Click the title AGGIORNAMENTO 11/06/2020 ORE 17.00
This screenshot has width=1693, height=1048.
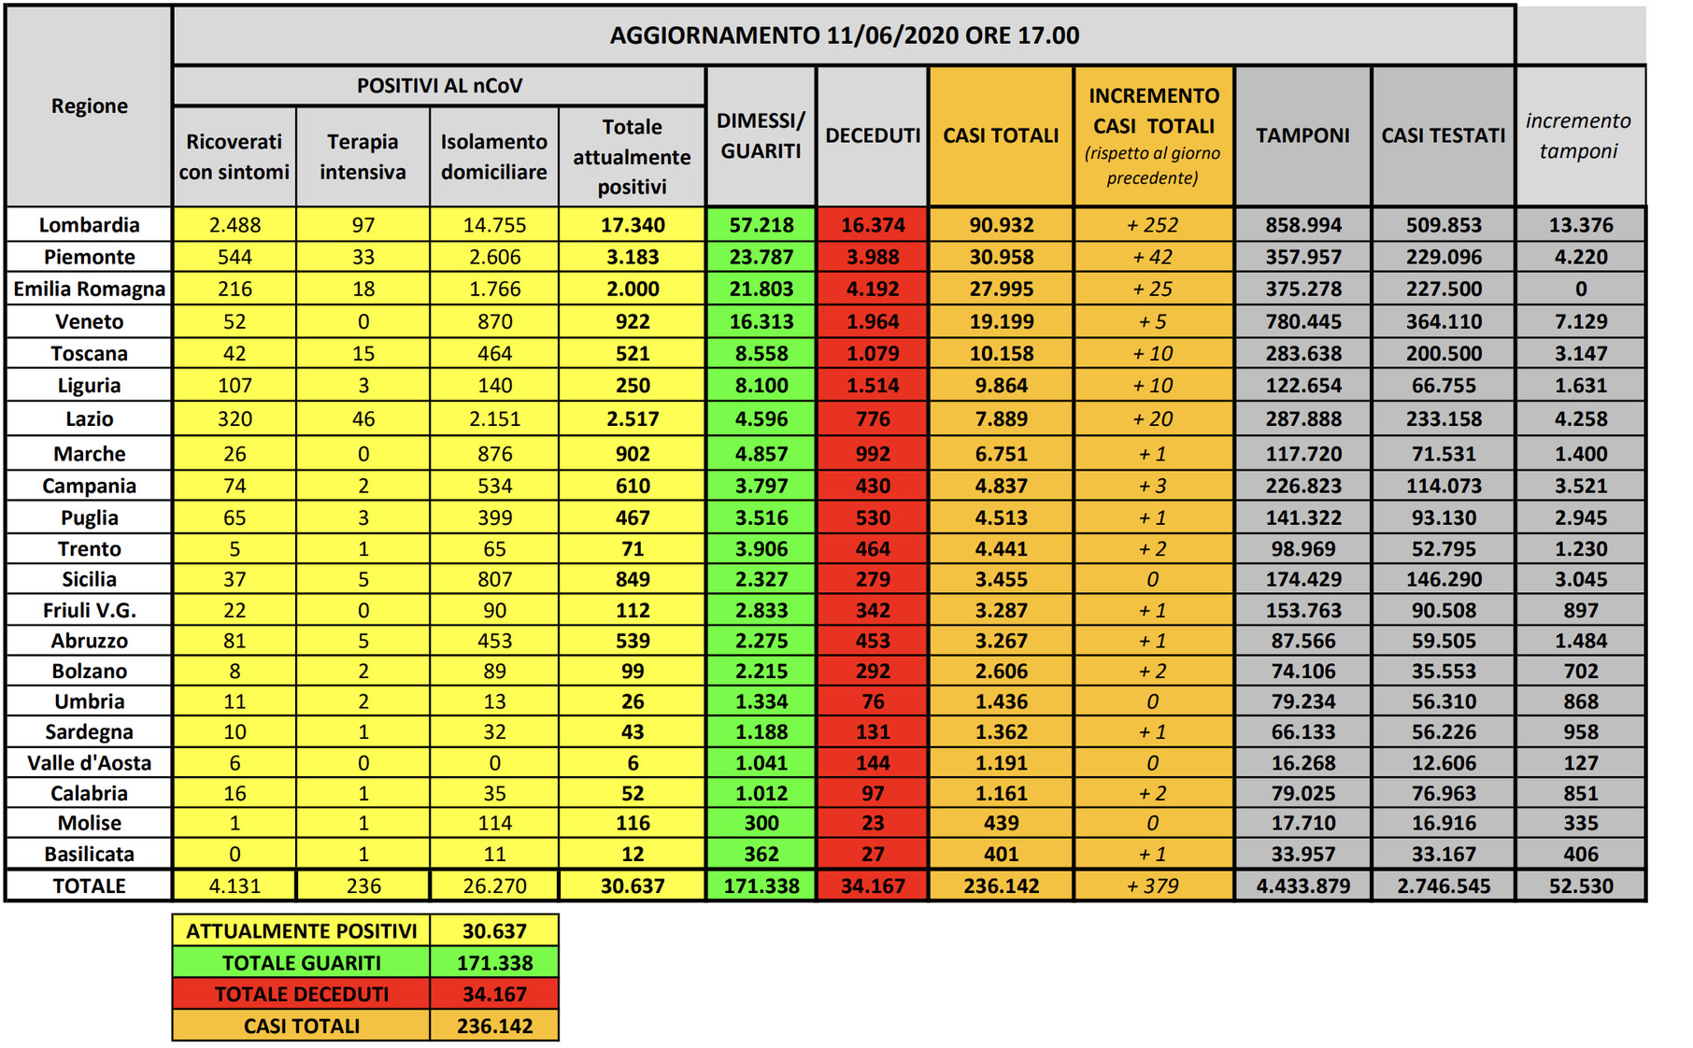click(x=844, y=35)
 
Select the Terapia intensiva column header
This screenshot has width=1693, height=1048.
click(x=363, y=156)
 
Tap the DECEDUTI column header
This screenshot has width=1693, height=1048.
click(x=873, y=135)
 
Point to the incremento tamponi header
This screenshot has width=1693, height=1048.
click(x=1578, y=135)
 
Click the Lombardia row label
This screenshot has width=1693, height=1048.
click(x=89, y=225)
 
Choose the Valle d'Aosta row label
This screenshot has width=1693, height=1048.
click(x=89, y=763)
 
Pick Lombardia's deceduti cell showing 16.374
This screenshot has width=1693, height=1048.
click(x=873, y=225)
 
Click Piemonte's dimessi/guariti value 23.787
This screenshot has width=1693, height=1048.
click(x=761, y=257)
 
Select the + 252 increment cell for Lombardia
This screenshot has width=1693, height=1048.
click(x=1153, y=225)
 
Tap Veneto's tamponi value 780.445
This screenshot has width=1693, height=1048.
click(x=1302, y=321)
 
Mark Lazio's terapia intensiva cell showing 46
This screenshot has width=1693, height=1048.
click(x=363, y=418)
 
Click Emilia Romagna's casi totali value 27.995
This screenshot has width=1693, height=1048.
click(x=1001, y=289)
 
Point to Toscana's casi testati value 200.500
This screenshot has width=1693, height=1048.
click(x=1444, y=353)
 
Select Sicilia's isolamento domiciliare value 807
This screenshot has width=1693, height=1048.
click(x=494, y=579)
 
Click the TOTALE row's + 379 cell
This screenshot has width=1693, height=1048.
click(x=1153, y=885)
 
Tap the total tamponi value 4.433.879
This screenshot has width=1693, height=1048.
click(x=1302, y=885)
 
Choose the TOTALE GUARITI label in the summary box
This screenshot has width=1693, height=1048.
click(x=301, y=963)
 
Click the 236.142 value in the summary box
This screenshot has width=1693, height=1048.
click(x=494, y=1026)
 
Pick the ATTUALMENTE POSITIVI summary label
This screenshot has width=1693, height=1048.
click(x=301, y=931)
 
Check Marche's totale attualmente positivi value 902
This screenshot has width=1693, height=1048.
click(x=633, y=454)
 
